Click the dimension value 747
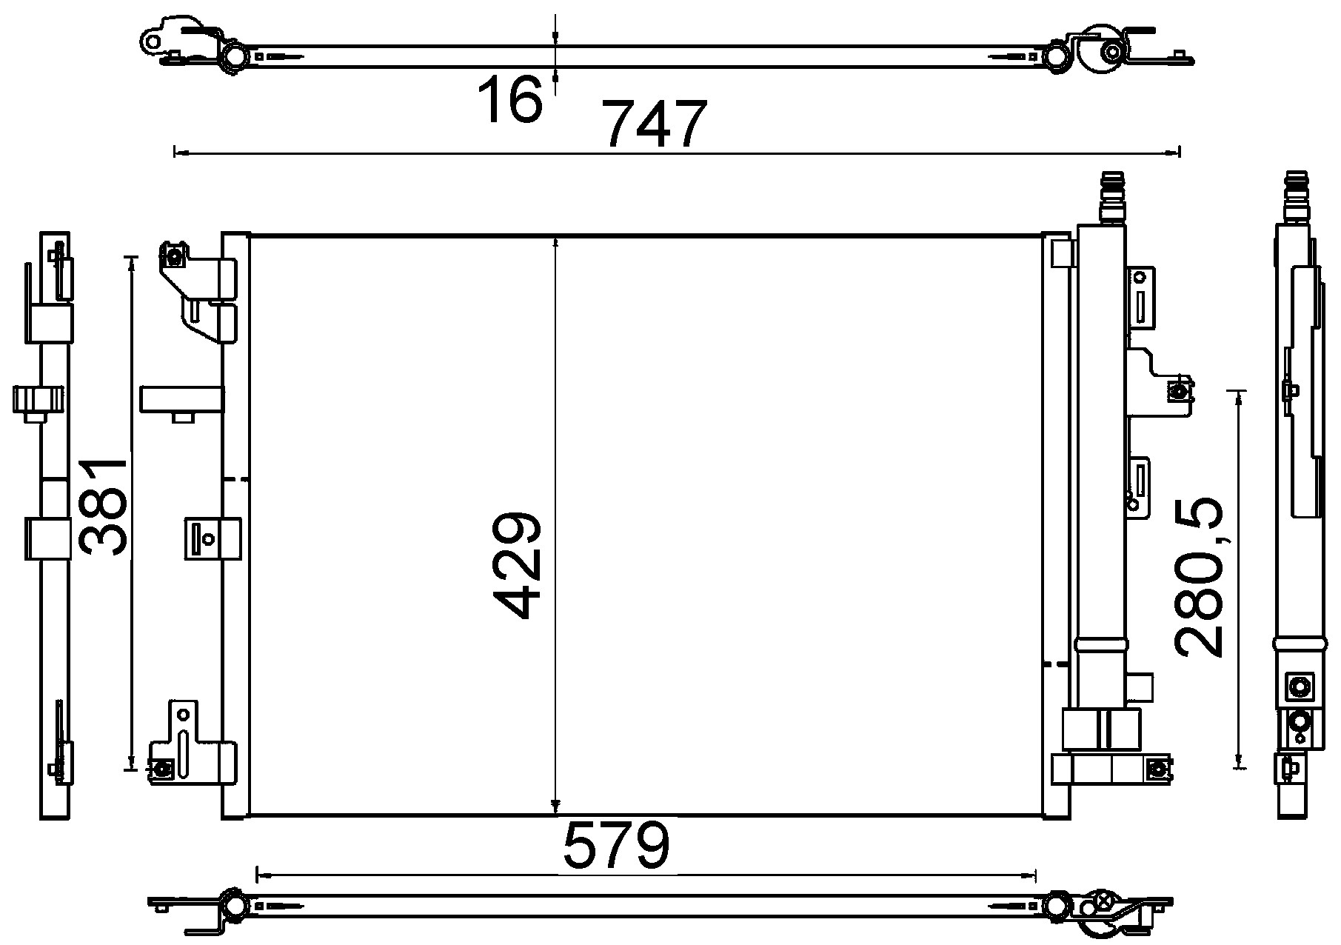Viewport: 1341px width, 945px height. pos(654,124)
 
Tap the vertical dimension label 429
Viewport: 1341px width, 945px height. pos(518,564)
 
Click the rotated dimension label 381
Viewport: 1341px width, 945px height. pos(103,507)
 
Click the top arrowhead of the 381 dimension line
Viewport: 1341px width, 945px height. pos(133,261)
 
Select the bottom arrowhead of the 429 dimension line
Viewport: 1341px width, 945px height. pos(555,808)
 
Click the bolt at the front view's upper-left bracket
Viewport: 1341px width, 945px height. pos(175,258)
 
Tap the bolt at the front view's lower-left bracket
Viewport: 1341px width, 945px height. pos(163,769)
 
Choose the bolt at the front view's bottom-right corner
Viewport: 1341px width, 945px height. pos(1155,769)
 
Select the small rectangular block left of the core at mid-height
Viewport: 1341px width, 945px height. pos(182,399)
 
